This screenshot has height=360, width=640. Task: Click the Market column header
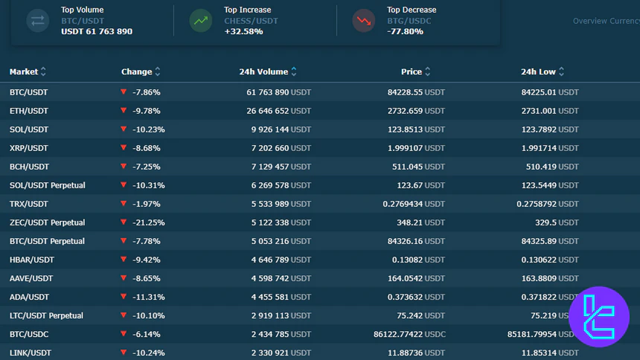(24, 72)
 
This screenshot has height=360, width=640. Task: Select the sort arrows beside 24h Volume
(294, 72)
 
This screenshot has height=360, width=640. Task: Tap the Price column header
(412, 72)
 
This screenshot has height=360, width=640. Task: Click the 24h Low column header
(538, 72)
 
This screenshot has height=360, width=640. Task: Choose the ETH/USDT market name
(29, 111)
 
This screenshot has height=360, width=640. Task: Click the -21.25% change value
(148, 222)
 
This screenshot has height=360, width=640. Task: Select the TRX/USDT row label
(29, 204)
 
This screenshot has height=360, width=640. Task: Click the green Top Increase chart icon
(200, 21)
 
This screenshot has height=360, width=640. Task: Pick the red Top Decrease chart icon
(364, 21)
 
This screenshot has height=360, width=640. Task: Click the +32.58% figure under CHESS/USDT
(243, 32)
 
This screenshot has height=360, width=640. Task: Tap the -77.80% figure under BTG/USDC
(406, 32)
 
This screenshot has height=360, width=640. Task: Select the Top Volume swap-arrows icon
(37, 21)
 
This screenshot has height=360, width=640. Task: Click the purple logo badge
(598, 317)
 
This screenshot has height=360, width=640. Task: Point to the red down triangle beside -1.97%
(124, 204)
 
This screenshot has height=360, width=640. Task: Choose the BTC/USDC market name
(29, 334)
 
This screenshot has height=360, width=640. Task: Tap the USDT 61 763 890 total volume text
(97, 32)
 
